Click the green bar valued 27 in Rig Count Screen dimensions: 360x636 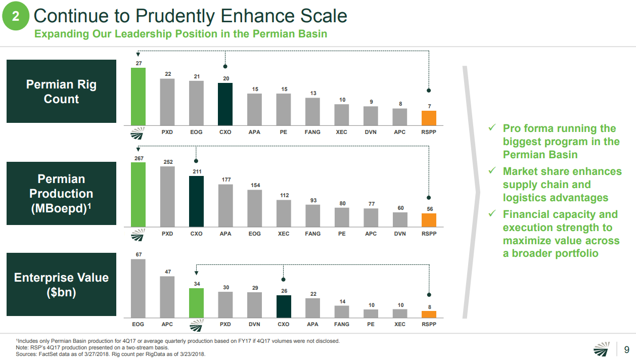click(x=138, y=97)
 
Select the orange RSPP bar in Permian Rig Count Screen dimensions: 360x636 click(x=429, y=118)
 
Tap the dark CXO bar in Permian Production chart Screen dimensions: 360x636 click(x=196, y=201)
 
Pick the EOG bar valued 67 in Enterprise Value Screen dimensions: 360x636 click(x=138, y=288)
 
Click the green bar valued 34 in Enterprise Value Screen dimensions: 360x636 click(x=196, y=303)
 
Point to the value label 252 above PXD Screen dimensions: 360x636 click(x=167, y=162)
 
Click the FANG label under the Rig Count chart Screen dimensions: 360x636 click(x=312, y=132)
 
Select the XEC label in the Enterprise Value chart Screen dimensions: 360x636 click(x=399, y=324)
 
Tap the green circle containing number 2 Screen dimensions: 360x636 click(x=16, y=17)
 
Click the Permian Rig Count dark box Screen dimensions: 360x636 click(x=62, y=92)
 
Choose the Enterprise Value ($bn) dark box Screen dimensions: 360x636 click(x=62, y=285)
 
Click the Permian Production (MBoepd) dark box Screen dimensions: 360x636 click(x=62, y=193)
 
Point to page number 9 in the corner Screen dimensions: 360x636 click(x=627, y=349)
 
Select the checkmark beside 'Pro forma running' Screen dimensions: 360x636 click(x=491, y=128)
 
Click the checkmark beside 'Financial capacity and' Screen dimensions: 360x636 click(x=491, y=214)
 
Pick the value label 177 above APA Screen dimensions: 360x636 click(x=225, y=180)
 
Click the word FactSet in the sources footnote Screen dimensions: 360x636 click(x=47, y=354)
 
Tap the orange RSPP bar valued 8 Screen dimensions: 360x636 click(x=429, y=314)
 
